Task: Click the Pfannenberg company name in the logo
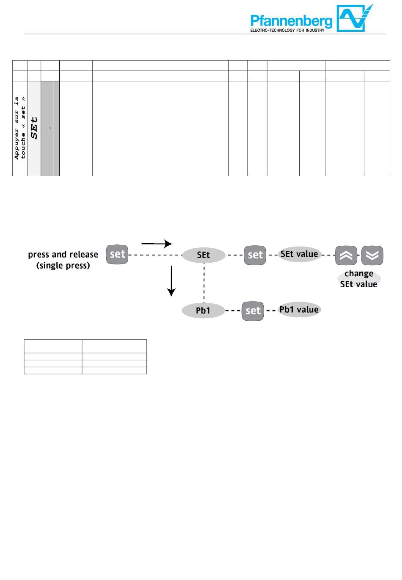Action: [x=291, y=21]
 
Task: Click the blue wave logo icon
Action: [x=355, y=18]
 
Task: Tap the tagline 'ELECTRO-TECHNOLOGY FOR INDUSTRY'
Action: [x=287, y=30]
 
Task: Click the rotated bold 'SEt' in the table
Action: [x=34, y=128]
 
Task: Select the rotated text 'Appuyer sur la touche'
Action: [x=20, y=128]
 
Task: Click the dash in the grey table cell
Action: [x=50, y=128]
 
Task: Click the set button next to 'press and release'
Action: [x=117, y=254]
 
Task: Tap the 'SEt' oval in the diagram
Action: [x=204, y=255]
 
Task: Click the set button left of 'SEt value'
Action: [x=255, y=255]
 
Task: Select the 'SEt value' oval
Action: [x=299, y=254]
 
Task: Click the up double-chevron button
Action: [x=346, y=255]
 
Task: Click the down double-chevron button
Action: [x=372, y=255]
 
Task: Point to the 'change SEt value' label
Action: [x=359, y=279]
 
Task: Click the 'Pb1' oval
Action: [x=203, y=311]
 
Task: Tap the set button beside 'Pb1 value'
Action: [x=253, y=311]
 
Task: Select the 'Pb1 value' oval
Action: [x=299, y=310]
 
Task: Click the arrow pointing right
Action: [x=157, y=244]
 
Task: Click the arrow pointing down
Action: [x=171, y=280]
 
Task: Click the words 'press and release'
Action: [x=63, y=255]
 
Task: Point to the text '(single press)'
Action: [x=63, y=266]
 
